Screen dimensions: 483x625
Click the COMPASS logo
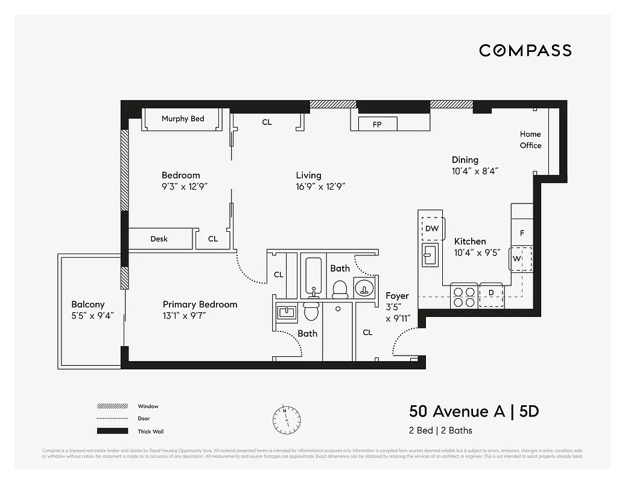tap(525, 51)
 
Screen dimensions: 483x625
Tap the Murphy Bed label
tap(183, 119)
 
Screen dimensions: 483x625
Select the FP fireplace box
tap(377, 124)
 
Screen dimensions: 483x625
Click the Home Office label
tap(530, 139)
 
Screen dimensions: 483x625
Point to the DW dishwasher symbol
tap(432, 228)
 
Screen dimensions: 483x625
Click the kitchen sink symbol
tap(431, 255)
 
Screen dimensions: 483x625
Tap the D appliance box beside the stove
tap(491, 294)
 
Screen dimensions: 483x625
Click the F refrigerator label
tap(522, 232)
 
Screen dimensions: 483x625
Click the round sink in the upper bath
tap(364, 287)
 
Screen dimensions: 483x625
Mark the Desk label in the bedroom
tap(159, 239)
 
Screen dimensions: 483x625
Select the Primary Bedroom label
tap(200, 304)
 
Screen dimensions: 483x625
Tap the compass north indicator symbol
tap(287, 417)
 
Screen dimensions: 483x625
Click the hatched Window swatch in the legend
tap(112, 406)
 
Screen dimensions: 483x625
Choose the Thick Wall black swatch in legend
tap(112, 431)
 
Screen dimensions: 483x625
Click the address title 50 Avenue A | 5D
tap(474, 411)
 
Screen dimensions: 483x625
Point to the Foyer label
tap(397, 296)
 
